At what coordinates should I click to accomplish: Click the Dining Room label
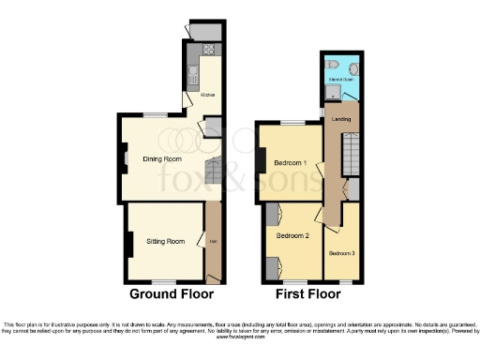(x=161, y=159)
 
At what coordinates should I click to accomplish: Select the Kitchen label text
(x=209, y=95)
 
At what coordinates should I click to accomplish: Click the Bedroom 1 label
(x=292, y=163)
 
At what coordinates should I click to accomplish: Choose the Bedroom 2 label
(x=292, y=235)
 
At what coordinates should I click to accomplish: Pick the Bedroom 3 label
(x=341, y=253)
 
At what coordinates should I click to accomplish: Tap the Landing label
(x=341, y=119)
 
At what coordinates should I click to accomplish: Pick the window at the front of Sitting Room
(x=165, y=282)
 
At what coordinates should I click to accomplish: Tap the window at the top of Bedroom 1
(x=292, y=123)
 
